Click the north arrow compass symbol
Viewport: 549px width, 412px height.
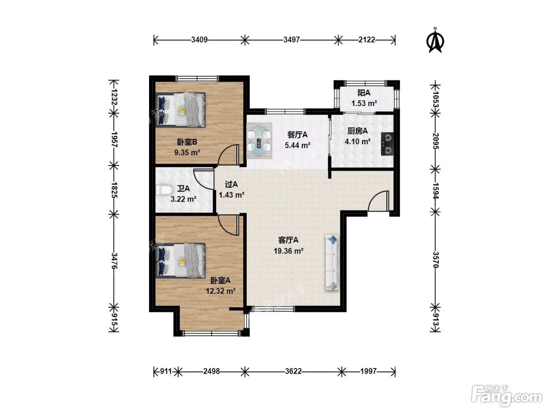[435, 40]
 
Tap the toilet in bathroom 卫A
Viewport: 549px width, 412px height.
[164, 190]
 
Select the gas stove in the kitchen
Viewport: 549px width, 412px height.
[387, 144]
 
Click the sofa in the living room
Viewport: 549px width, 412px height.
[332, 262]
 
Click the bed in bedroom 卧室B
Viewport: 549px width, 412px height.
[181, 110]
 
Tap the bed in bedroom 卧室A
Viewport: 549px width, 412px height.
[181, 261]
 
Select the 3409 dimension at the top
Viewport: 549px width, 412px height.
[199, 40]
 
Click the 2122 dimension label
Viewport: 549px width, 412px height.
[367, 40]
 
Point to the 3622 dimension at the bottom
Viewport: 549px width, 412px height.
[293, 371]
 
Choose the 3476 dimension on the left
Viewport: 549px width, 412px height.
[114, 261]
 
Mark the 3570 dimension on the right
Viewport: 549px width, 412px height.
[435, 260]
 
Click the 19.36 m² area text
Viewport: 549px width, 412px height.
[289, 251]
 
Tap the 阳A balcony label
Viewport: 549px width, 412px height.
[364, 93]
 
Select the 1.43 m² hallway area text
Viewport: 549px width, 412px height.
[232, 195]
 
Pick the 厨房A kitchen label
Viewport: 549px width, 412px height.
[357, 131]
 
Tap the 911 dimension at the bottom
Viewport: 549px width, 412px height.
[166, 371]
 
